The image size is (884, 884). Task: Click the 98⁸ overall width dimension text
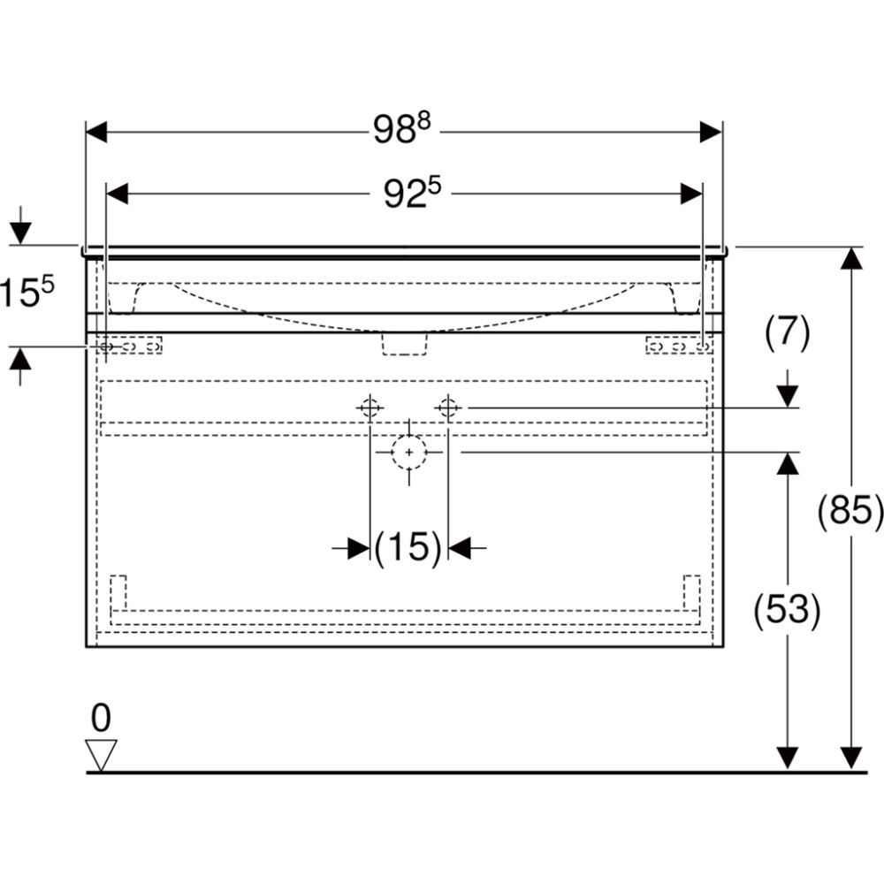pyautogui.click(x=401, y=132)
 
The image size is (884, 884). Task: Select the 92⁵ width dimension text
pyautogui.click(x=412, y=194)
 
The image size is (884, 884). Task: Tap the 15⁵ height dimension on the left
pyautogui.click(x=27, y=293)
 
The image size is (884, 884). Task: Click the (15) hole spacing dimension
pyautogui.click(x=408, y=549)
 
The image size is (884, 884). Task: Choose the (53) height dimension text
pyautogui.click(x=787, y=609)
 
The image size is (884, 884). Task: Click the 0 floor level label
pyautogui.click(x=101, y=719)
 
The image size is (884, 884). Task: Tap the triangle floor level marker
pyautogui.click(x=101, y=755)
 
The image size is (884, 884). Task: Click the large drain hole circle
pyautogui.click(x=408, y=452)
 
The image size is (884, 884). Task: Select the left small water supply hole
pyautogui.click(x=370, y=408)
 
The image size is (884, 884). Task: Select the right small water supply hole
pyautogui.click(x=448, y=408)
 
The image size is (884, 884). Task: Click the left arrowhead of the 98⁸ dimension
pyautogui.click(x=96, y=133)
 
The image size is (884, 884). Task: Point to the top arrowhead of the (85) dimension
pyautogui.click(x=850, y=257)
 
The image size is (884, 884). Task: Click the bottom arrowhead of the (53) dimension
pyautogui.click(x=787, y=758)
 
